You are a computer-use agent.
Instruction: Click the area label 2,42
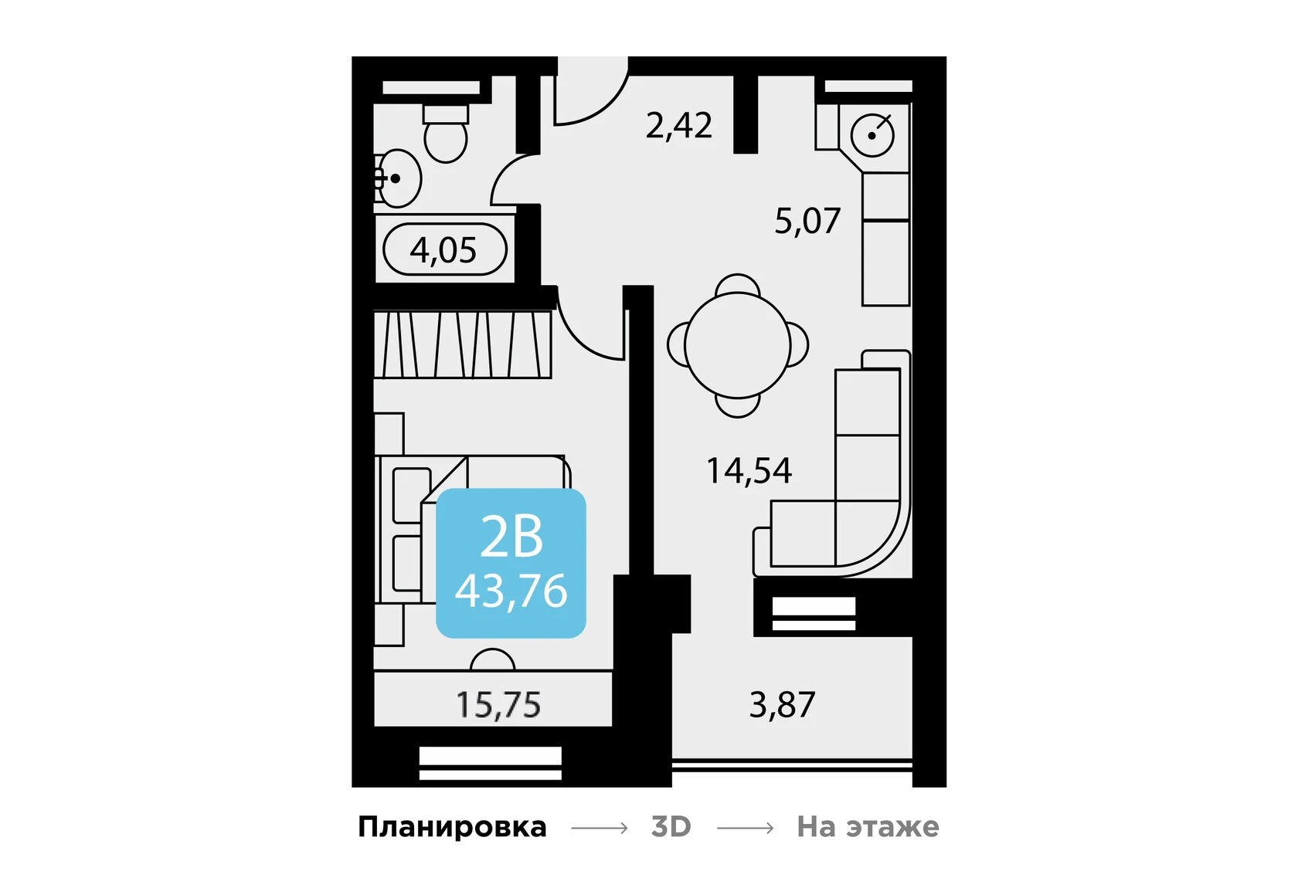pos(678,126)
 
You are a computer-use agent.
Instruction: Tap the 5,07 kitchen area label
pos(807,222)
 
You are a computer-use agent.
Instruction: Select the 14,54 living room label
pos(749,471)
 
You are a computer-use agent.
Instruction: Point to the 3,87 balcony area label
pos(782,705)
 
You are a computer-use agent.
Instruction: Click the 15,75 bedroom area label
pos(498,705)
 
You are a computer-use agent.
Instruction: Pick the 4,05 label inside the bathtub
pos(443,250)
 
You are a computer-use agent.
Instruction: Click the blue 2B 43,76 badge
pos(511,564)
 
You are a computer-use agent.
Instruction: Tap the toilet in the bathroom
pos(446,134)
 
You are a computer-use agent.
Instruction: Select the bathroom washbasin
pos(399,178)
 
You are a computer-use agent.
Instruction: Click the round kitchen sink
pos(872,135)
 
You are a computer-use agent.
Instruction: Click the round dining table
pos(737,345)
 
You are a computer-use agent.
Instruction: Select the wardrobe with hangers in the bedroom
pos(462,344)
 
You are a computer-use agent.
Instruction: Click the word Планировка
pos(452,827)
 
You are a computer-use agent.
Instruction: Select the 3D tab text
pos(671,827)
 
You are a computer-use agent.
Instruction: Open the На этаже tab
pos(868,827)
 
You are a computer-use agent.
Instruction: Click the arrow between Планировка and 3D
pos(599,828)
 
